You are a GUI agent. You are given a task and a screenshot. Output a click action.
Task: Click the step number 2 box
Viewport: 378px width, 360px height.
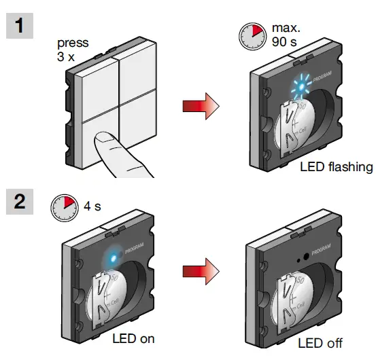19,202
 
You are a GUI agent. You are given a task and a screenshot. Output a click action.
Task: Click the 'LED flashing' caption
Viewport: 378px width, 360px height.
336,166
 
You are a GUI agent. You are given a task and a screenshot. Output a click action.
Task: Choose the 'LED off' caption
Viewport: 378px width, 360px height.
320,343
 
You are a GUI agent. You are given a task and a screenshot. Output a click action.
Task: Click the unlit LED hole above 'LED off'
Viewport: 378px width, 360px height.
299,259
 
